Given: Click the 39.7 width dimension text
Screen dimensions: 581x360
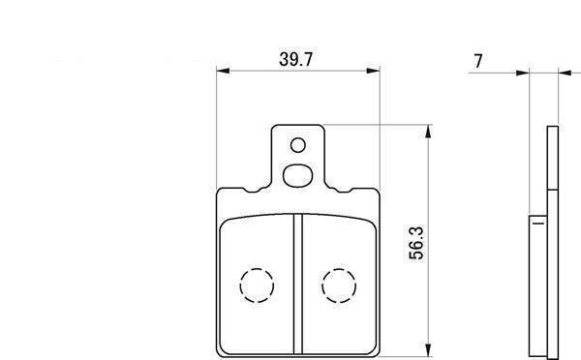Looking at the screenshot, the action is [x=296, y=59].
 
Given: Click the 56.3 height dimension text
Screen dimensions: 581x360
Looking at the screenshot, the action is [x=415, y=243].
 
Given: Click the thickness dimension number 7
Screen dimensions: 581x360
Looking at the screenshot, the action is [x=478, y=61].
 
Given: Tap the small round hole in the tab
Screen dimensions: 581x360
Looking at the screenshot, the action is [x=298, y=145].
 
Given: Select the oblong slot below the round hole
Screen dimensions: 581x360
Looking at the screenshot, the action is [x=297, y=175].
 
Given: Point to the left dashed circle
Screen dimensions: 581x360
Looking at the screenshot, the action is [x=257, y=285].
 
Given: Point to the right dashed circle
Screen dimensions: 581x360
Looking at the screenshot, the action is [x=339, y=285].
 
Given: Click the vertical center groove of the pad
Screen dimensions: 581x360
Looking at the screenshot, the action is [x=298, y=284].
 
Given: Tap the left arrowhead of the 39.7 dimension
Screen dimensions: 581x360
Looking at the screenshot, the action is [x=223, y=71].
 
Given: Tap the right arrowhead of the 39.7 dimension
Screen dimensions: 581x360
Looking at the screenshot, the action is [x=373, y=71].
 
